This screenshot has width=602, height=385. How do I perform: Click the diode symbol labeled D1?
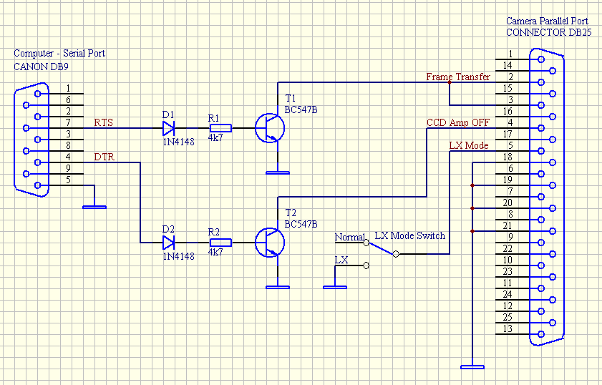click(x=169, y=128)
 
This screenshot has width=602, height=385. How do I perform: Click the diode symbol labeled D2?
click(x=169, y=243)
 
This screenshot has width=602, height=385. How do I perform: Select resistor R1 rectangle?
click(x=220, y=128)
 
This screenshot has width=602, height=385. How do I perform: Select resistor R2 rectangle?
click(x=220, y=243)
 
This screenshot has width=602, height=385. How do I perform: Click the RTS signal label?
click(x=103, y=122)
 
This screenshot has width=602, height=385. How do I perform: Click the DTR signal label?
click(x=103, y=157)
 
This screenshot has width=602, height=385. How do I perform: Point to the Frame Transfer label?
click(x=458, y=77)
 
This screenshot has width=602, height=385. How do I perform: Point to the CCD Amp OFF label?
click(x=458, y=122)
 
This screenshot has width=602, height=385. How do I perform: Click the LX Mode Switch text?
click(x=409, y=235)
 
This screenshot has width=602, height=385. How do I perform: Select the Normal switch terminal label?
click(x=349, y=237)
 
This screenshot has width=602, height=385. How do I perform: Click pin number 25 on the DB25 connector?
click(x=507, y=317)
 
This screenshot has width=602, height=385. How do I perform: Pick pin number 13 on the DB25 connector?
click(x=507, y=328)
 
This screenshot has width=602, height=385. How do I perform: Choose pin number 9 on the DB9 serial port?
click(x=68, y=168)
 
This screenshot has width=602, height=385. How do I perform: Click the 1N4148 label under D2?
click(x=178, y=256)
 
